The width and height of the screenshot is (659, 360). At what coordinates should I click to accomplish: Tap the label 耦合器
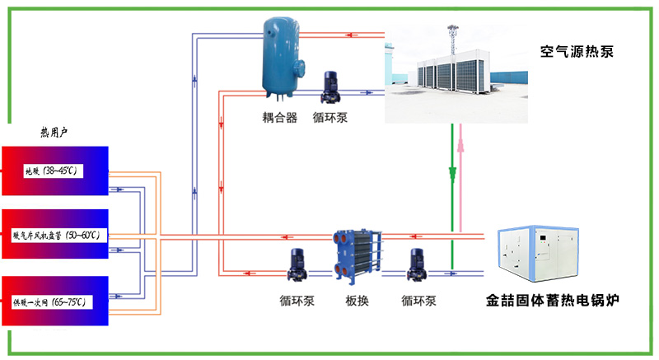(x=280, y=118)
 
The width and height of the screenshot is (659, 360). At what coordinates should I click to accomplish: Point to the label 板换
(x=357, y=301)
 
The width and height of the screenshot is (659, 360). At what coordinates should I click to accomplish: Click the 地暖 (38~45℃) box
(x=55, y=171)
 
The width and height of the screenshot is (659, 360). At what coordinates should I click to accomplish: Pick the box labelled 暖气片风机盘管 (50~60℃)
(x=55, y=236)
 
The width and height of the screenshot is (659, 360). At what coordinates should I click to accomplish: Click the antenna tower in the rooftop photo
(x=451, y=41)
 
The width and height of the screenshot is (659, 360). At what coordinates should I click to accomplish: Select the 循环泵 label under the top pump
(x=330, y=118)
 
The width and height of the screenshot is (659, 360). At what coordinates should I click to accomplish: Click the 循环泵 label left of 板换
(x=297, y=301)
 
